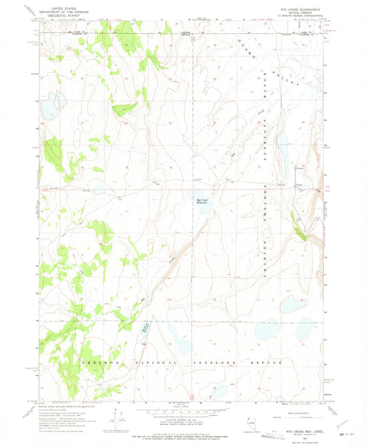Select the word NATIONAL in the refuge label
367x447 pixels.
click(x=143, y=362)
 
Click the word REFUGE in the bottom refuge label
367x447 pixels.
click(x=257, y=362)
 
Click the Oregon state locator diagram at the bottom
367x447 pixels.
click(x=252, y=418)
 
